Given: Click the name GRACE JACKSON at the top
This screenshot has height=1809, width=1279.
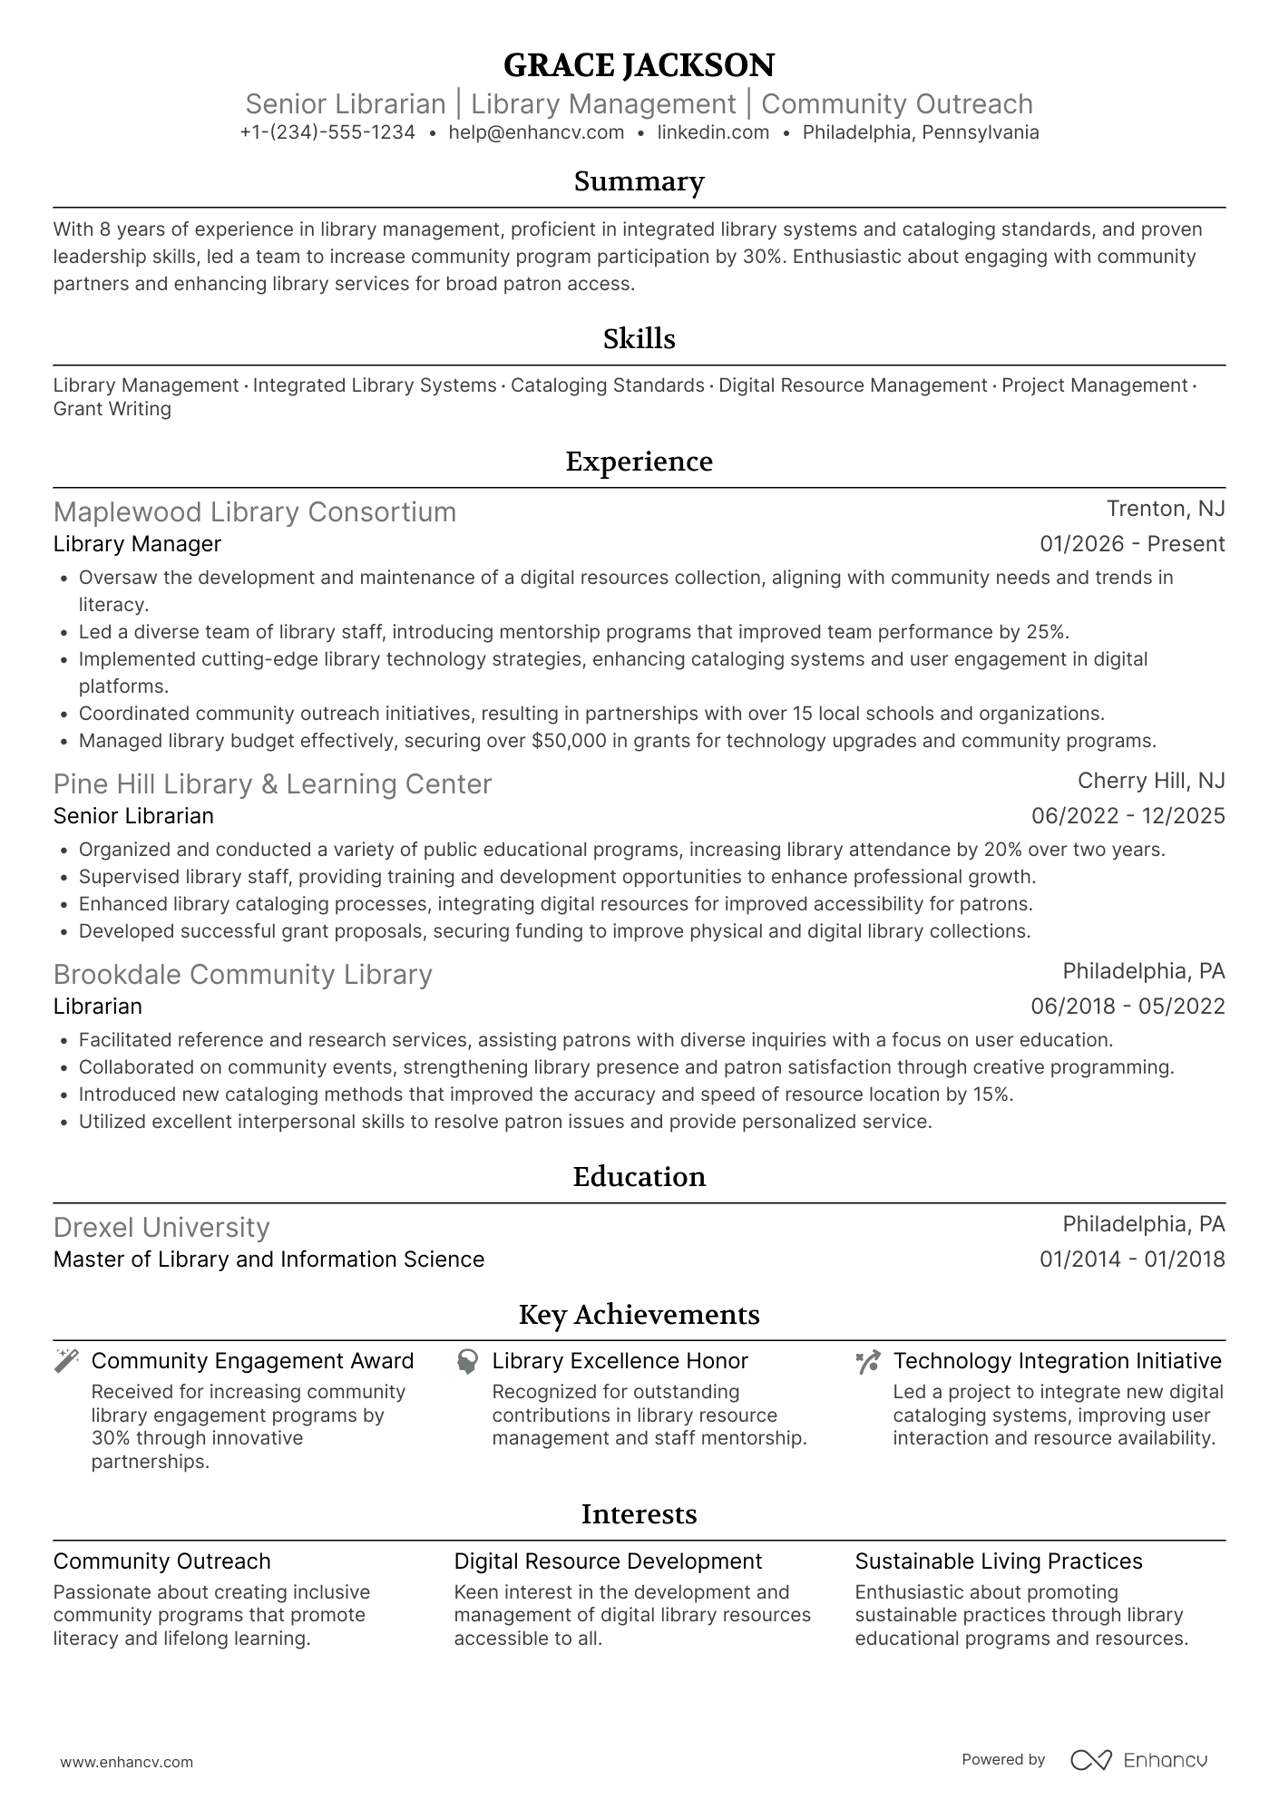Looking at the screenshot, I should coord(639,65).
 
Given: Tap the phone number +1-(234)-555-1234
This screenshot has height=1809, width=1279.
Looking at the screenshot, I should coord(327,132).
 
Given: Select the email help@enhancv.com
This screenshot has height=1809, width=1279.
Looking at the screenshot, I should coord(536,132).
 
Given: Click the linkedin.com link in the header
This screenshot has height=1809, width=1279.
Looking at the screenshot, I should coord(713,132).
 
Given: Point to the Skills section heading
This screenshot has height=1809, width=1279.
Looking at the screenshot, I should coord(639,339).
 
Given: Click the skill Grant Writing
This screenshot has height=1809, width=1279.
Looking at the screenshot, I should coord(112,409).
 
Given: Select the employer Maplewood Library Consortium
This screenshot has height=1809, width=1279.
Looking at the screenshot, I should coord(255,512).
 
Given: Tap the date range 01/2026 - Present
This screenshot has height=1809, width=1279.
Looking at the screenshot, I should coord(1132,544).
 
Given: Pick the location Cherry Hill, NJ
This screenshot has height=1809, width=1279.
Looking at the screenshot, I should coord(1151,781).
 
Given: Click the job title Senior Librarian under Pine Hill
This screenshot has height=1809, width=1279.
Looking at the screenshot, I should coord(133,816).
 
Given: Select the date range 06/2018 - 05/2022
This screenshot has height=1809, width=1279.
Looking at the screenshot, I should coord(1128,1007).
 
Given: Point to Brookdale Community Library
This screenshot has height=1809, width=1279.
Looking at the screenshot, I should coord(242,975).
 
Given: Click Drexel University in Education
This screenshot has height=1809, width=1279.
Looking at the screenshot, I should coord(161,1228).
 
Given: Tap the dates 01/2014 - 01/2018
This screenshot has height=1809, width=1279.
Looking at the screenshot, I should coord(1132,1259).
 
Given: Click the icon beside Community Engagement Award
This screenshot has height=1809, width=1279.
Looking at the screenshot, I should coord(66,1361).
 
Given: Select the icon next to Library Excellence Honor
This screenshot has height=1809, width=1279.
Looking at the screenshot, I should coord(467,1361).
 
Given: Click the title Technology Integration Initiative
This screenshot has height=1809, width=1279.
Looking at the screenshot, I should coord(1057,1361).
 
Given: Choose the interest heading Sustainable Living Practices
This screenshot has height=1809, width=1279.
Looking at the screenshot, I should coord(998,1561).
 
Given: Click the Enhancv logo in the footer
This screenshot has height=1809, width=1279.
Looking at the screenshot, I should coord(1139,1760).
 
